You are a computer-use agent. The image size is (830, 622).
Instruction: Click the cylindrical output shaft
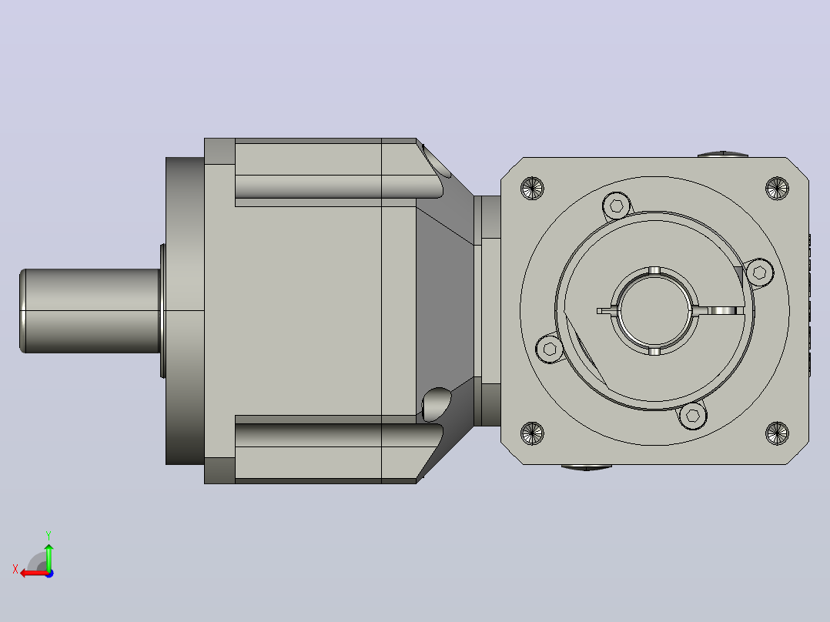90,311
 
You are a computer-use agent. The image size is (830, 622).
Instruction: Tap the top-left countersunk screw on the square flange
532,188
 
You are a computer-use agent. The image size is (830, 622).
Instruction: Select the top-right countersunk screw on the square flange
777,188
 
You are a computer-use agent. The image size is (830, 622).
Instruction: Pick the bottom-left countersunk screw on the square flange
532,433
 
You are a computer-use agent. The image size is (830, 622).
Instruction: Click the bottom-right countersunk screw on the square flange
777,433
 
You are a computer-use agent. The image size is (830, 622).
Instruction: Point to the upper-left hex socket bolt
617,206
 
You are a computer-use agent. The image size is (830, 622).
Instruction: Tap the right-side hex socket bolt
760,273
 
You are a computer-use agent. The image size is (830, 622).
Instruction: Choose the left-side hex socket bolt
550,349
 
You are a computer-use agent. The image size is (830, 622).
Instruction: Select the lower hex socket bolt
692,416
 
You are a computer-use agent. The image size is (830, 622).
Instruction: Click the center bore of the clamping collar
654,311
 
